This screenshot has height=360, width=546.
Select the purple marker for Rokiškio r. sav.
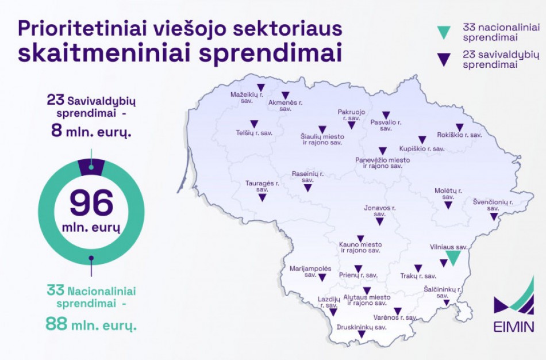[459, 127]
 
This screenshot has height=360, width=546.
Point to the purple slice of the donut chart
[91, 166]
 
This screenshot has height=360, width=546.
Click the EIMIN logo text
[513, 327]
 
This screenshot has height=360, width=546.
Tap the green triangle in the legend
[443, 32]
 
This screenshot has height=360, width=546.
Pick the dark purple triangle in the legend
[443, 59]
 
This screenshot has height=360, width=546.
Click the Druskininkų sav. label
[362, 327]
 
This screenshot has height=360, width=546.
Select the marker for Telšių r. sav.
[254, 124]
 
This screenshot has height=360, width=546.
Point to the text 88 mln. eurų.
[91, 325]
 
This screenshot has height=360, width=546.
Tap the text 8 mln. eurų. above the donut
[91, 131]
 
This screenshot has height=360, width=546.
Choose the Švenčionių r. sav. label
[493, 205]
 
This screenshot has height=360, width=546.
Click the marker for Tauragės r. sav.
[262, 197]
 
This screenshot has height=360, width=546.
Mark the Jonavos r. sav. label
[379, 211]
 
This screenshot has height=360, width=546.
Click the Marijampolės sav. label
[310, 271]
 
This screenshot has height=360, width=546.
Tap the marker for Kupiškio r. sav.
[422, 140]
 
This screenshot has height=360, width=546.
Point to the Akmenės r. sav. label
[286, 105]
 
